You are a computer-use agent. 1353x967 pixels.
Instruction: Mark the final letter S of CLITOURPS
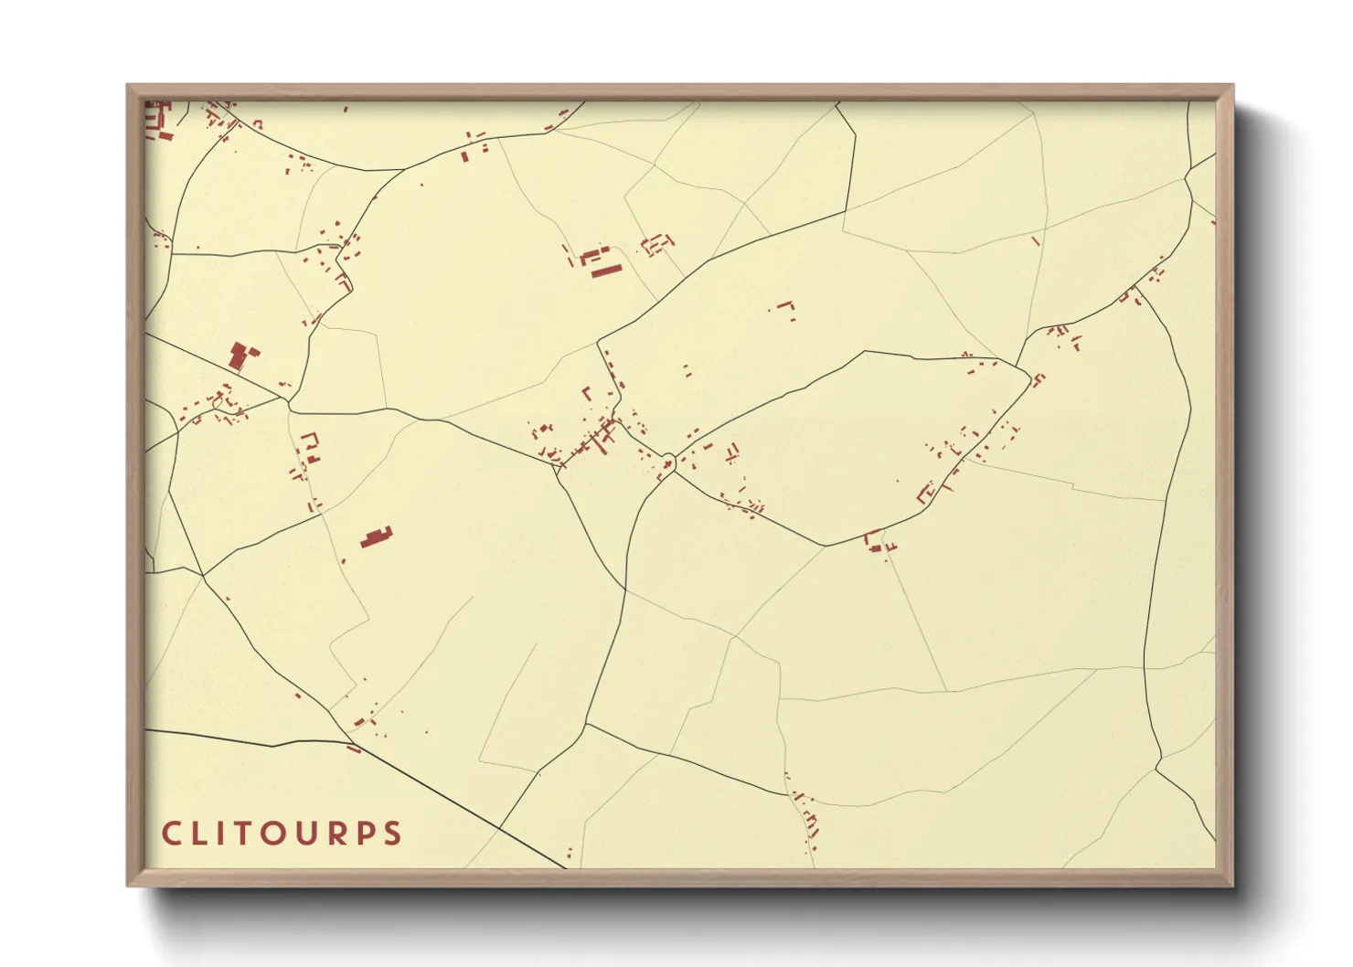pos(394,834)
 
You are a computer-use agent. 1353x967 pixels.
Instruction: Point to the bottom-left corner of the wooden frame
pos(129,884)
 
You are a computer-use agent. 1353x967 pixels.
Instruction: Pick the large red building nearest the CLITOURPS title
pos(376,537)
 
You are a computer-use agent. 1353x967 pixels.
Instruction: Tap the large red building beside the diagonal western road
pos(241,355)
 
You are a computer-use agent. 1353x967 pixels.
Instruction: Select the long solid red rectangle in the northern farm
pos(605,270)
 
